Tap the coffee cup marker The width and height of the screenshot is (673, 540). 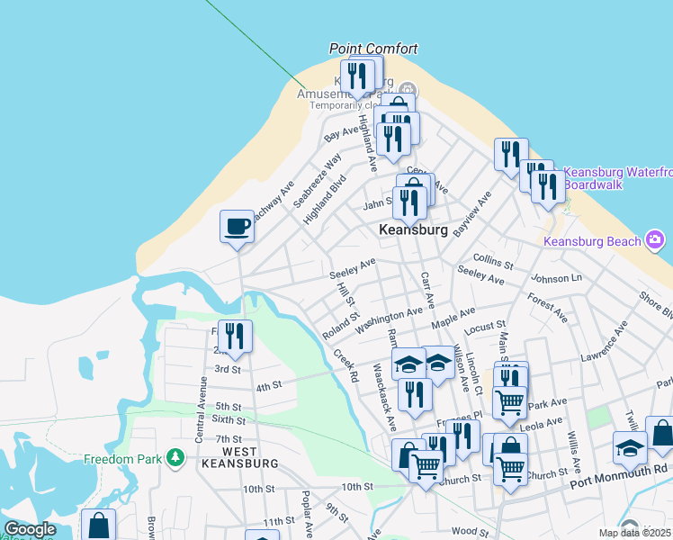click(x=238, y=226)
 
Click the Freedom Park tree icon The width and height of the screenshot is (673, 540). click(x=175, y=459)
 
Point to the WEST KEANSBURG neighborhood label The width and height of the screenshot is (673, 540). click(x=240, y=457)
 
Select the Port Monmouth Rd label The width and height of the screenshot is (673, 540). click(x=620, y=469)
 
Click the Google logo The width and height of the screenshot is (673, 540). click(x=30, y=529)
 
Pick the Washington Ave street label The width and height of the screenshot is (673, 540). click(x=389, y=319)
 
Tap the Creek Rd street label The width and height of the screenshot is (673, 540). click(x=345, y=364)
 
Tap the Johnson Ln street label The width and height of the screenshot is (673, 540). click(x=557, y=278)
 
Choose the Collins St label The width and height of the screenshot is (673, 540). click(x=492, y=261)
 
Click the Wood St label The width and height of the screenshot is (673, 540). click(x=469, y=532)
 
